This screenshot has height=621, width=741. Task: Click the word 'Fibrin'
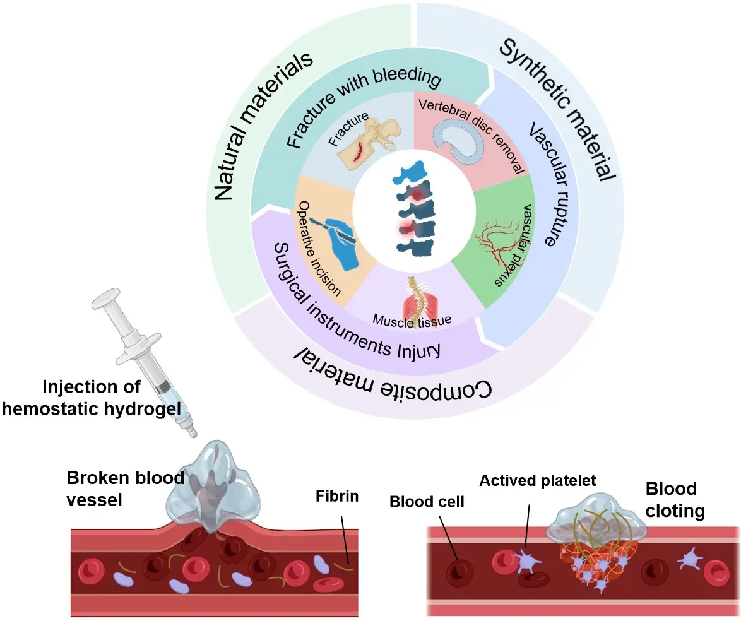pyautogui.click(x=337, y=496)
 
